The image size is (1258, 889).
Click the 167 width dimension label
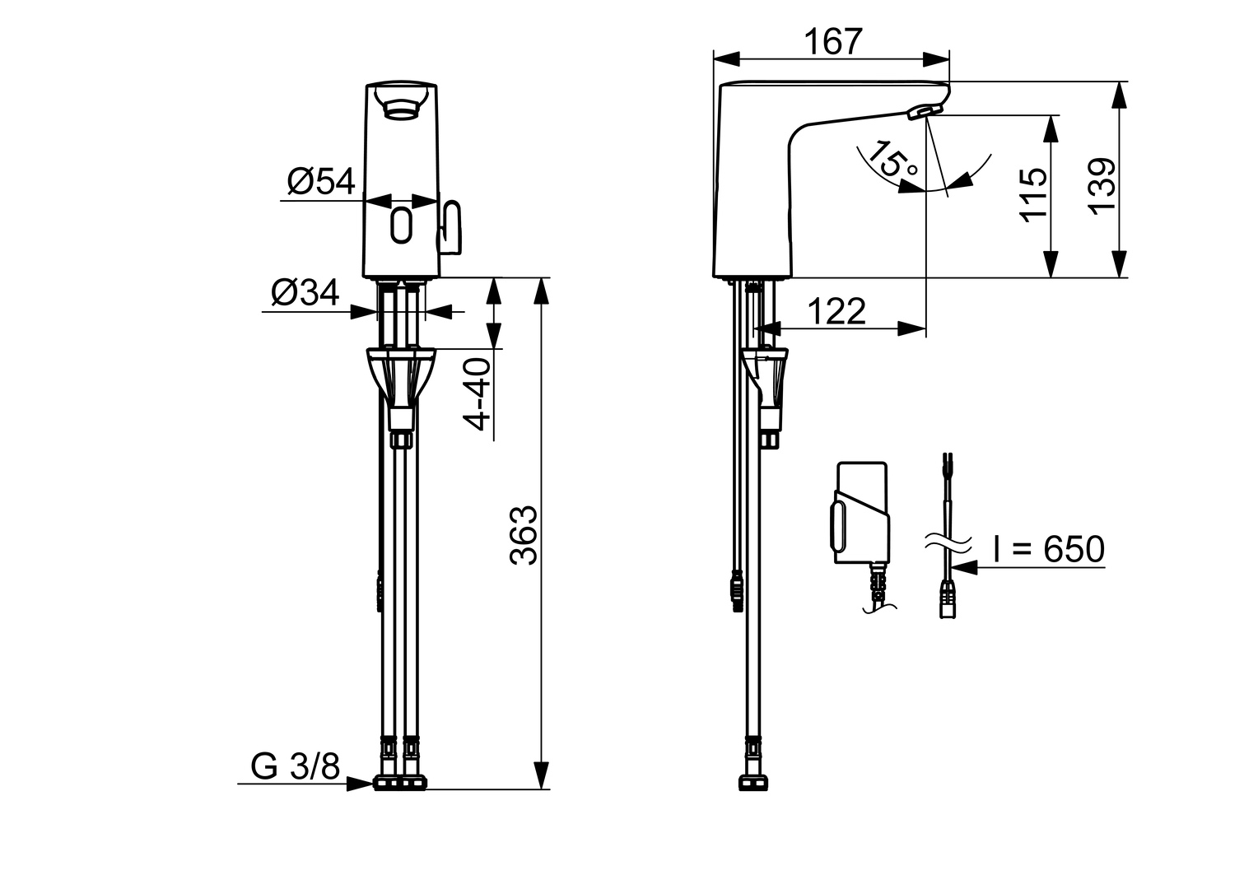pyautogui.click(x=832, y=41)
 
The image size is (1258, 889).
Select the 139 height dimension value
pyautogui.click(x=1102, y=184)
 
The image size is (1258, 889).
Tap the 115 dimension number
pyautogui.click(x=1032, y=194)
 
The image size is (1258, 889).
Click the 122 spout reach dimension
pyautogui.click(x=836, y=312)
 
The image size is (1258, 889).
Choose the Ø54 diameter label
pyautogui.click(x=321, y=181)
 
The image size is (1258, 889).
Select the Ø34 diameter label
pyautogui.click(x=305, y=293)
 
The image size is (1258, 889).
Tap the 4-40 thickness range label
pyautogui.click(x=478, y=394)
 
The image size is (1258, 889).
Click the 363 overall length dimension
pyautogui.click(x=523, y=535)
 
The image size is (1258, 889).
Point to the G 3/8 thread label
pyautogui.click(x=295, y=766)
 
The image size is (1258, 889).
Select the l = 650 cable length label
pyautogui.click(x=1048, y=549)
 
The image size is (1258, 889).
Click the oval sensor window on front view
pyautogui.click(x=402, y=224)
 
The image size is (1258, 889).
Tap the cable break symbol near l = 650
pyautogui.click(x=947, y=542)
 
